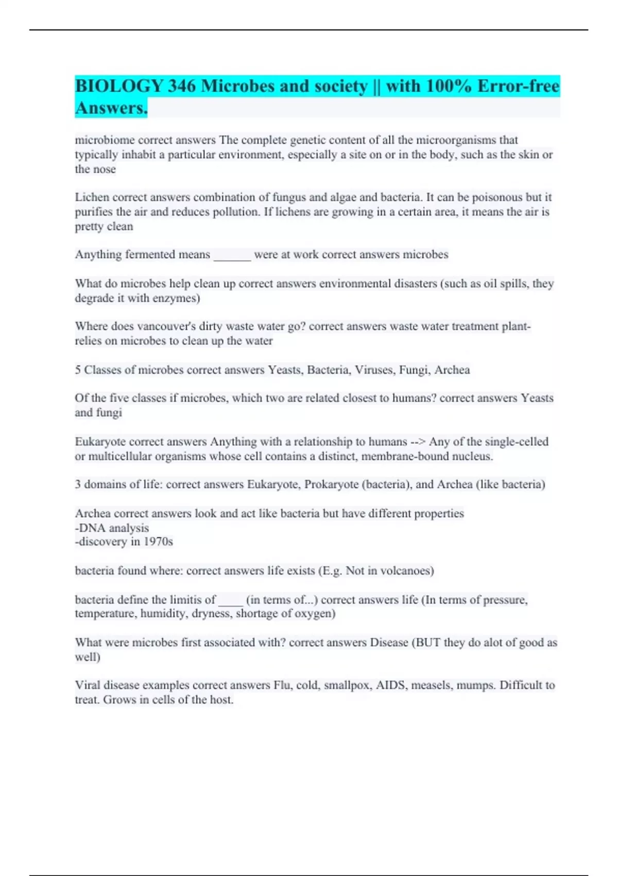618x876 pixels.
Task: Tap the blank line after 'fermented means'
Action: click(232, 255)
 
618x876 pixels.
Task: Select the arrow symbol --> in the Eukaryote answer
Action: click(418, 442)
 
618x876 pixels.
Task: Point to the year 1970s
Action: click(158, 542)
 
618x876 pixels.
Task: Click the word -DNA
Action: click(90, 528)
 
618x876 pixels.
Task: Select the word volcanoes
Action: click(399, 571)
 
